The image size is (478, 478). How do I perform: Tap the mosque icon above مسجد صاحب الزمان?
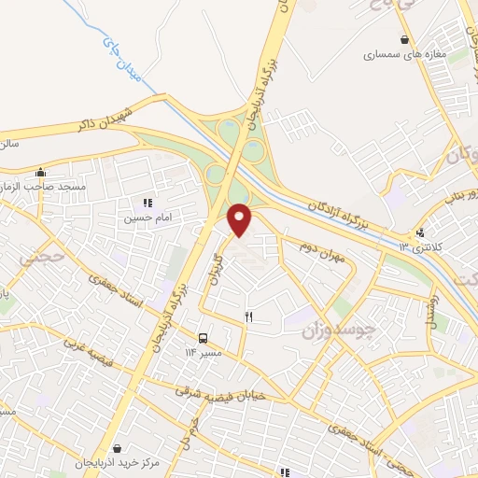39,173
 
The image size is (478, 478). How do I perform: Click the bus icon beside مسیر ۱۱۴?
203,337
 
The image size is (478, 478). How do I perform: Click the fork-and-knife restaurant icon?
248,316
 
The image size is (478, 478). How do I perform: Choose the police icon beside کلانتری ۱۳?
421,232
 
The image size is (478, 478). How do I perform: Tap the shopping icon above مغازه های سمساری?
403,39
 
